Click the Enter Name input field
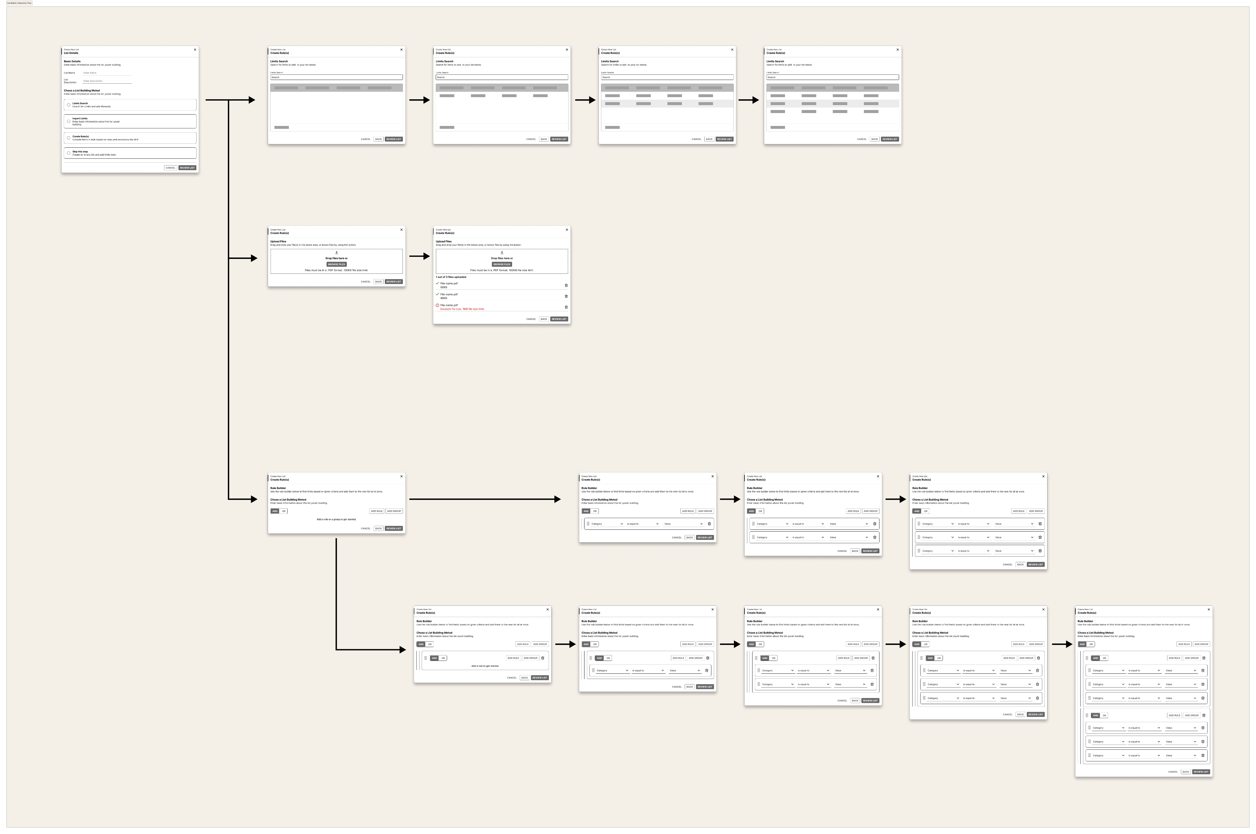pos(107,73)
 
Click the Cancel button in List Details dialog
pos(170,168)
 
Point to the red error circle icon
pos(438,305)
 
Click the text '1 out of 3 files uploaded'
pos(451,277)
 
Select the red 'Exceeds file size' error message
pos(462,309)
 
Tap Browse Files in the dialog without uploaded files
pos(336,264)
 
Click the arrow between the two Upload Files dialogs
pos(419,256)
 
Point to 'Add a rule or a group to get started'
pos(336,519)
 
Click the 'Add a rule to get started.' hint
pos(485,666)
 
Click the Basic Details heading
pos(72,61)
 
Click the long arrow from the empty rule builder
pos(484,499)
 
